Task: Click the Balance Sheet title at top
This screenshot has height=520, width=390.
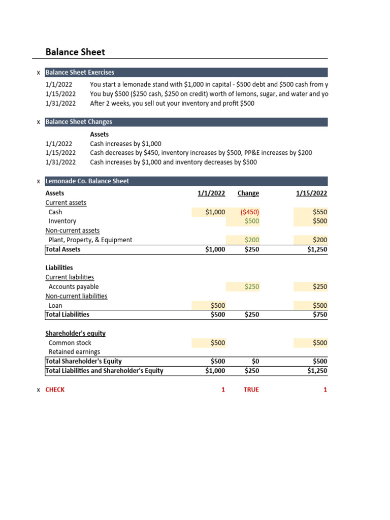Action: (x=75, y=52)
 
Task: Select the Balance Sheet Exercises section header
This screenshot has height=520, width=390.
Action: (x=80, y=73)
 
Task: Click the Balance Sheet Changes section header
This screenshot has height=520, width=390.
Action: (x=79, y=122)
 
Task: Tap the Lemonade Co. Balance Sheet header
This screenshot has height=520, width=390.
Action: (x=87, y=181)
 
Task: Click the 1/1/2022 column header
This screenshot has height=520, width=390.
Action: (x=211, y=193)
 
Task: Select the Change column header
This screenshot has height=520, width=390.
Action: (x=248, y=193)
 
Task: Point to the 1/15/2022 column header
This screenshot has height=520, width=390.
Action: (x=311, y=193)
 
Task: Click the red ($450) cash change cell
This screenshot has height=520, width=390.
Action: (x=250, y=212)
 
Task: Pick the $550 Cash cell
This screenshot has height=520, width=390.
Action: (x=320, y=212)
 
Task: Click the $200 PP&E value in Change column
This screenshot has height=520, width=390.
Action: (x=251, y=240)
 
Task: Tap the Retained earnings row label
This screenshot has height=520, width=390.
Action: (x=74, y=352)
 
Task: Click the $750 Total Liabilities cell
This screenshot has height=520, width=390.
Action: (x=320, y=315)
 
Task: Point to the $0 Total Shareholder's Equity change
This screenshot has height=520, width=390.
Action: (x=255, y=362)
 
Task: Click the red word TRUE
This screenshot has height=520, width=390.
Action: (x=251, y=390)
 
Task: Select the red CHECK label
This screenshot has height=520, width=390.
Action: (x=55, y=390)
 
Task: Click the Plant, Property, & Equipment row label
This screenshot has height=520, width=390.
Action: (x=90, y=240)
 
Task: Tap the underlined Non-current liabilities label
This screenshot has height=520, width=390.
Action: (x=76, y=296)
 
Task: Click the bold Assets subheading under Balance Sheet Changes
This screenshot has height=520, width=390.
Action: (x=99, y=135)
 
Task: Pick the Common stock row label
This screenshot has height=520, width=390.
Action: (x=70, y=343)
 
